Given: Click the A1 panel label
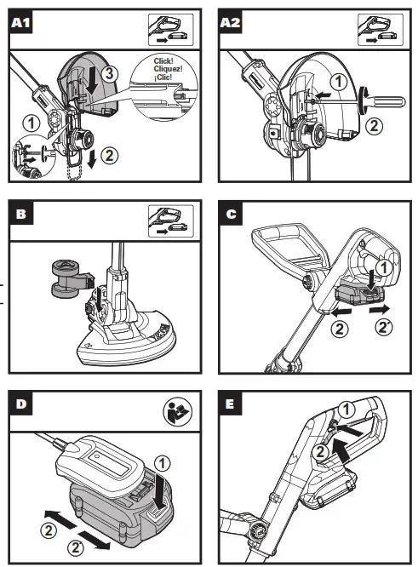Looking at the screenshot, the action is [20, 22].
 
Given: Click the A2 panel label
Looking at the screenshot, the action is [231, 22].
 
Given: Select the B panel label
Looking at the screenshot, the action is [20, 214].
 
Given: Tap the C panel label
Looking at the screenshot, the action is [231, 214].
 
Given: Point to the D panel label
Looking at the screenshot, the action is [20, 404].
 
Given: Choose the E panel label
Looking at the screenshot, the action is [231, 404].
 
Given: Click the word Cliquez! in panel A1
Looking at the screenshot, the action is [169, 69].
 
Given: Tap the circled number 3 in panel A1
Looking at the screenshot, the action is [109, 74].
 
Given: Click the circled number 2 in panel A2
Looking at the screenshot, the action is [374, 126].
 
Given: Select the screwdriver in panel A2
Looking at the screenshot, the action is [381, 102].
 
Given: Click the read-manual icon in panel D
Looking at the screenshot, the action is [178, 412].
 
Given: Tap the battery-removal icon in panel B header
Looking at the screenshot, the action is [170, 221].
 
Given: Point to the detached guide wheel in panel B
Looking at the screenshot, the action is [71, 279].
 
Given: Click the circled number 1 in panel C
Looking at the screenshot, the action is [384, 267].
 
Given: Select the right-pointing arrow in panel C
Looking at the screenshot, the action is [380, 310].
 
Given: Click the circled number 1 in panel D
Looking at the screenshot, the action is [162, 464].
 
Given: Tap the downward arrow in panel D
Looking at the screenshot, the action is [158, 491].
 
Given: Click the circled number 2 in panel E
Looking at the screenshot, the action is [320, 452].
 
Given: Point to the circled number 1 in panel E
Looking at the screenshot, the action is [346, 409].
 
